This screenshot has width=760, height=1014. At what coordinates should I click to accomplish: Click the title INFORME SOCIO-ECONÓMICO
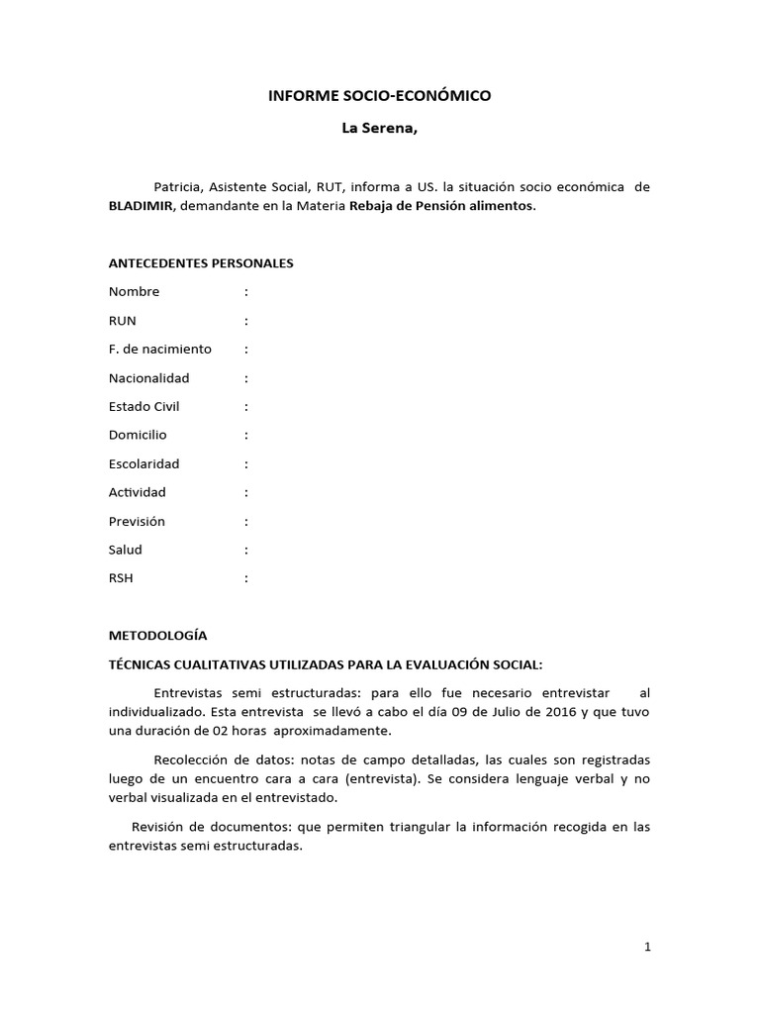380,96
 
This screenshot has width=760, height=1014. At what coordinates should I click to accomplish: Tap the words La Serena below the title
380,129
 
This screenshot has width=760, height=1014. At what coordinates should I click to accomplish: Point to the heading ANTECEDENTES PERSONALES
201,263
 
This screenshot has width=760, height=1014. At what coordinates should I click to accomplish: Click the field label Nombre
134,292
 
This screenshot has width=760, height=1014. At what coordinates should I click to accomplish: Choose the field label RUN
123,321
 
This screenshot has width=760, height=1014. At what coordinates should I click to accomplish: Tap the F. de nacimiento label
160,350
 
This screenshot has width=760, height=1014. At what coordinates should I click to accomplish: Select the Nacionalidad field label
148,378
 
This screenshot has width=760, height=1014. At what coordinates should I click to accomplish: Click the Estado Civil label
144,407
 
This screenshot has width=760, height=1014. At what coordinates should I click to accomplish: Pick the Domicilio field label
138,435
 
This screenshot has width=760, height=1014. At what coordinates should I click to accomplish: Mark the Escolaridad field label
144,463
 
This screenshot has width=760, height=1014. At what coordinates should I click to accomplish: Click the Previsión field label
137,521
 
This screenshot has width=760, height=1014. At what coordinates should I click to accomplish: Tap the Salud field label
126,550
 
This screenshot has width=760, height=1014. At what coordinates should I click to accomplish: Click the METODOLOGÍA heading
158,635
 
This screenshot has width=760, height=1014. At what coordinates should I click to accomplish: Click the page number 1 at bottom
647,947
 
